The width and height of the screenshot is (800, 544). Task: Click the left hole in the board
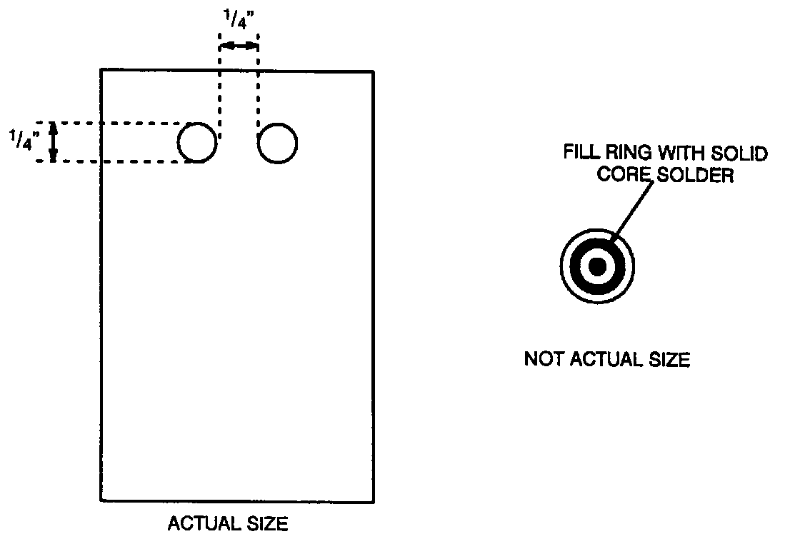tap(197, 143)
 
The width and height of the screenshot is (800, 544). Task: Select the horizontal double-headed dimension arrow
tap(239, 46)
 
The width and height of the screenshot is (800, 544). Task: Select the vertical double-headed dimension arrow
tap(54, 142)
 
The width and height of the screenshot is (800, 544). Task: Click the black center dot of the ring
tap(597, 266)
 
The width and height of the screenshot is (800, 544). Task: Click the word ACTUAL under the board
tap(200, 524)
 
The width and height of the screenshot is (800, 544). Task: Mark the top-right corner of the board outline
tap(373, 71)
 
